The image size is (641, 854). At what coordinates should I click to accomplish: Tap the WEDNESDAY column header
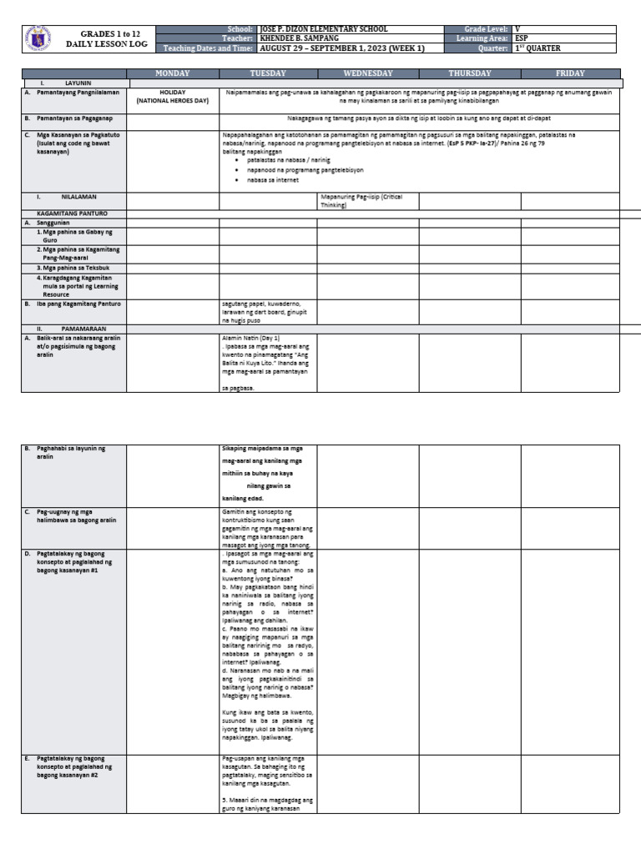tap(367, 73)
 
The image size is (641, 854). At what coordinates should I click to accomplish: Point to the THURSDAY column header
tap(470, 73)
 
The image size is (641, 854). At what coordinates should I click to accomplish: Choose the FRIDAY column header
tap(570, 73)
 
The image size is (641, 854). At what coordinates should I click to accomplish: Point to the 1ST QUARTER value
tap(538, 48)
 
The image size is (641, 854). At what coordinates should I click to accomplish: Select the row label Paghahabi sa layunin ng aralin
tap(71, 452)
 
